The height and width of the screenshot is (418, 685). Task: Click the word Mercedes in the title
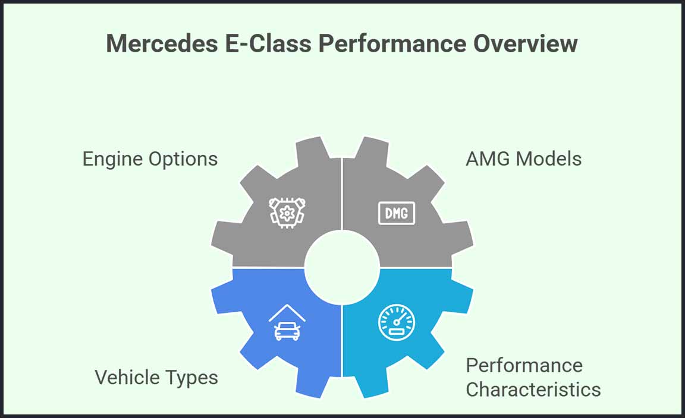point(162,43)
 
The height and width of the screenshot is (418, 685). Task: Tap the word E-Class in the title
point(268,43)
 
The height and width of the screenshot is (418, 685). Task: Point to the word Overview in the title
point(526,43)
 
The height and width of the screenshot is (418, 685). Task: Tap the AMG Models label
point(524,159)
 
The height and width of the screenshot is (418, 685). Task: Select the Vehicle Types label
point(156,378)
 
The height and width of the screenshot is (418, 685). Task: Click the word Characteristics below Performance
point(533,389)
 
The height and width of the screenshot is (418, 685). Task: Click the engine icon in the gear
point(287,213)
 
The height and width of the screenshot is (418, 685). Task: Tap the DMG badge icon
point(397,213)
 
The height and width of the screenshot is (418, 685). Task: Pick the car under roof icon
point(287,322)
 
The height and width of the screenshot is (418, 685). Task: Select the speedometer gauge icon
point(397,322)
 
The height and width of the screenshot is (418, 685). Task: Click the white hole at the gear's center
point(342,267)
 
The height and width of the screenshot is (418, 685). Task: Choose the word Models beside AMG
point(549,159)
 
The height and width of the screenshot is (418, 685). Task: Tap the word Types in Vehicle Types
point(190,378)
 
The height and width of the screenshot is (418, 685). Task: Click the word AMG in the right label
point(488,159)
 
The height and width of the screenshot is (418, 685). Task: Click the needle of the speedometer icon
point(401,319)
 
